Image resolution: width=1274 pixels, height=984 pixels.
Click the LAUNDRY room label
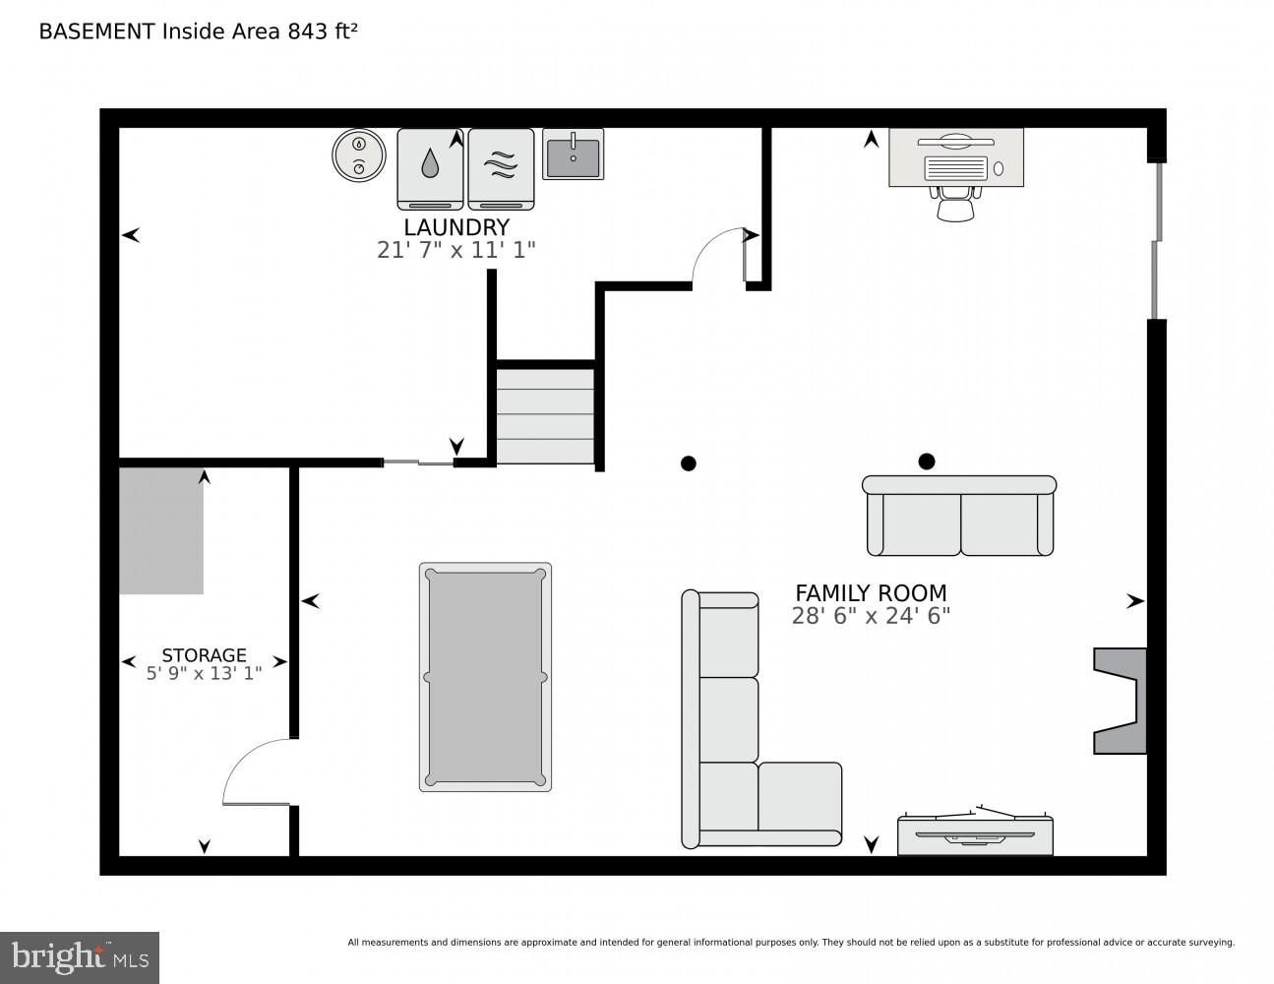click(455, 227)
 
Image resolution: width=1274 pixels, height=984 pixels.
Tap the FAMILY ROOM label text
click(870, 592)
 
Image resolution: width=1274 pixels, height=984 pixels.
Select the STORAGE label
click(204, 654)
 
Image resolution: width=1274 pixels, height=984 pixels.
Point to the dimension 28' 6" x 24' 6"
click(870, 616)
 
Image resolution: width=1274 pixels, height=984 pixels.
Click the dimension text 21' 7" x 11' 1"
click(455, 250)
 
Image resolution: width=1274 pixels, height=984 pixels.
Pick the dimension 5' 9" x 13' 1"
click(204, 674)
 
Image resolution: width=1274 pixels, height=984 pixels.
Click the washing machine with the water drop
click(430, 168)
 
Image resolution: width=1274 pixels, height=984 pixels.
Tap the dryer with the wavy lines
click(501, 168)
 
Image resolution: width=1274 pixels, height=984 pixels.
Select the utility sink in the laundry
click(573, 154)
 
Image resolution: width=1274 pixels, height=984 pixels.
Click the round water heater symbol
click(358, 155)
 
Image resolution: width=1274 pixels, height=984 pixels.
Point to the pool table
click(485, 677)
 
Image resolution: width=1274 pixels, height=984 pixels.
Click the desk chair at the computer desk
click(955, 205)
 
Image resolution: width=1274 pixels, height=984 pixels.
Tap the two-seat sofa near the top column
click(959, 517)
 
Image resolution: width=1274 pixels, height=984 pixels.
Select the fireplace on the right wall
click(1122, 701)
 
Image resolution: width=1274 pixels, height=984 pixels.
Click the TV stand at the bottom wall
click(974, 834)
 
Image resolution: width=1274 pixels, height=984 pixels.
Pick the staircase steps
click(545, 414)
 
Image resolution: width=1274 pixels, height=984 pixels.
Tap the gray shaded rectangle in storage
click(161, 531)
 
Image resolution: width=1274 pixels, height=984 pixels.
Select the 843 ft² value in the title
click(322, 31)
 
